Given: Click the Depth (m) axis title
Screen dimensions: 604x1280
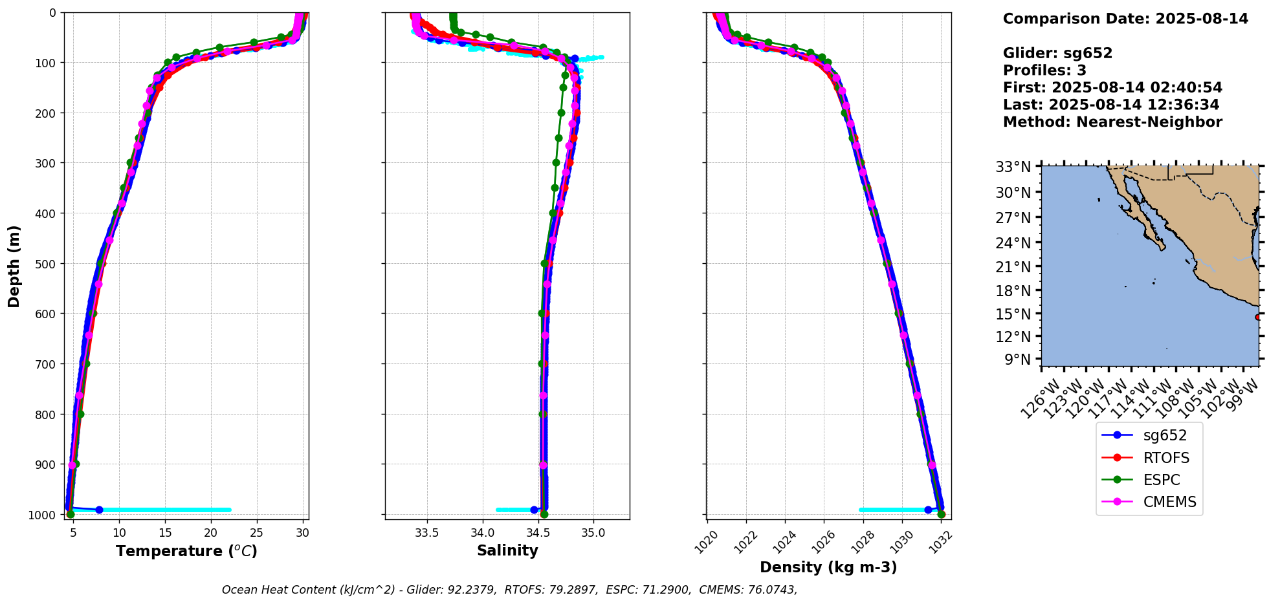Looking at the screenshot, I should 14,266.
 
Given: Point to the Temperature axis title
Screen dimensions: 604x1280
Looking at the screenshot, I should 186,551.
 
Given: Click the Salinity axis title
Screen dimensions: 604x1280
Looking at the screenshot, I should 507,551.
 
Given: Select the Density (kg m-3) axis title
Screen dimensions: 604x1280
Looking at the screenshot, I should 828,568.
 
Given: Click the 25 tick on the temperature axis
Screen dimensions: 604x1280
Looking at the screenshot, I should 257,533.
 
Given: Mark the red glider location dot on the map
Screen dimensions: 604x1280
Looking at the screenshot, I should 1258,317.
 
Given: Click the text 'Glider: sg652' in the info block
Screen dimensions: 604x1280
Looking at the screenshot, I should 1057,53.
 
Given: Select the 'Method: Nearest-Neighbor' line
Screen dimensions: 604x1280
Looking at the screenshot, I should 1112,122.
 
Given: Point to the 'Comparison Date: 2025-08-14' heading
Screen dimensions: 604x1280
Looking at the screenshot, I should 1125,19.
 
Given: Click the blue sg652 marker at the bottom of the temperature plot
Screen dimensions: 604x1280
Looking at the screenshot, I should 99,510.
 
